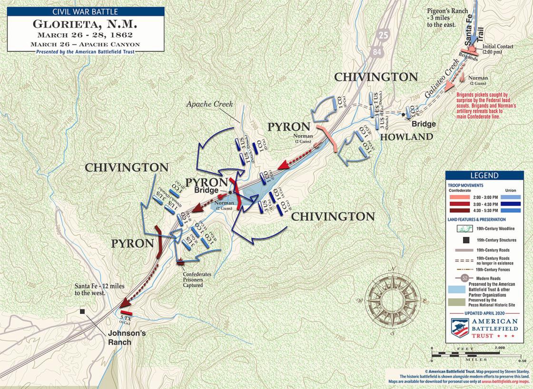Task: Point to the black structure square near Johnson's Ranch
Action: (x=83, y=311)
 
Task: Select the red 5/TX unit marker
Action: (x=126, y=313)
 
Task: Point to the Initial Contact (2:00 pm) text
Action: (x=498, y=49)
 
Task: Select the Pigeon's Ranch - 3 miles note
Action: (x=449, y=17)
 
